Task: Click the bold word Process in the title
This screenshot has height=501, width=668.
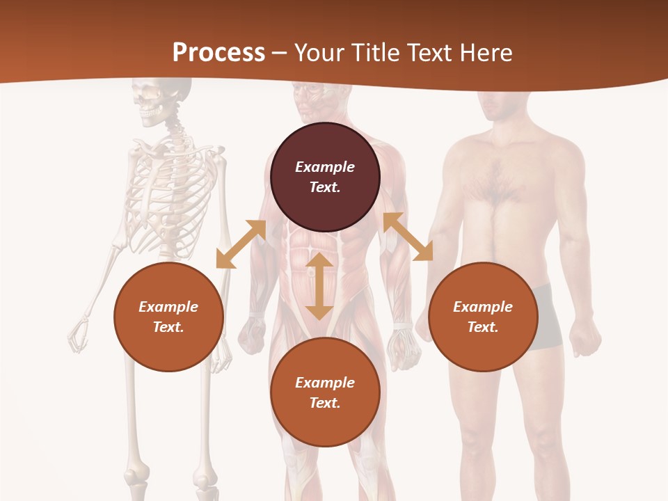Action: point(218,53)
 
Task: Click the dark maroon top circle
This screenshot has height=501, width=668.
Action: point(325,177)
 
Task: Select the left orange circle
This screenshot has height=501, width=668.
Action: point(168,317)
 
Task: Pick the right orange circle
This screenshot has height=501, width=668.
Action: point(483,317)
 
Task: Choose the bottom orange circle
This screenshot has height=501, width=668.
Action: point(325,392)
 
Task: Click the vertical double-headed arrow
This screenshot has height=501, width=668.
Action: point(319,286)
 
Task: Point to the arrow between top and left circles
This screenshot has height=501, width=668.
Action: point(241,244)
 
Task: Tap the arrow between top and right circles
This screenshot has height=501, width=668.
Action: point(408,237)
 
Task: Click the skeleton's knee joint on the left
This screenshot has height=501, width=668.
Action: point(134,480)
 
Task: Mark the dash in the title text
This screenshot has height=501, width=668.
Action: point(280,53)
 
